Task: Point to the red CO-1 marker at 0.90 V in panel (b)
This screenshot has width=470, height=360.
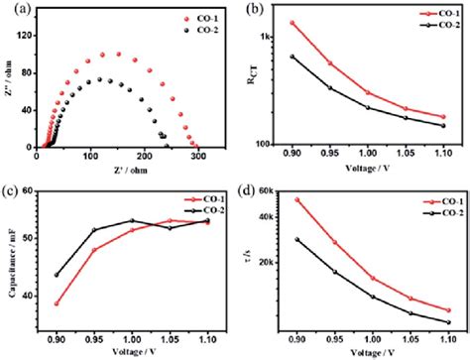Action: click(x=293, y=22)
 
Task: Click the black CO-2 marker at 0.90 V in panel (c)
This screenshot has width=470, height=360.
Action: click(x=56, y=275)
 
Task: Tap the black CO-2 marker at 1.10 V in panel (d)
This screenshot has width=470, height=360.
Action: click(x=448, y=321)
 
